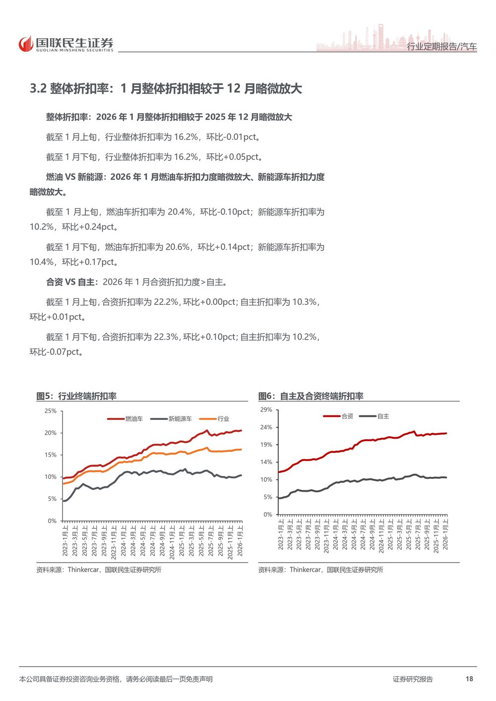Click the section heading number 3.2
(x=38, y=89)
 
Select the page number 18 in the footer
(x=469, y=679)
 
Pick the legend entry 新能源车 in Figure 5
(x=180, y=419)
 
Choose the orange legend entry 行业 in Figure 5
(x=223, y=419)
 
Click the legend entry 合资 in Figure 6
(x=347, y=416)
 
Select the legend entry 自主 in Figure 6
(x=383, y=416)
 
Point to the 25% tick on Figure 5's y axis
(x=51, y=411)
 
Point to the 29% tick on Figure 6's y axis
(x=266, y=410)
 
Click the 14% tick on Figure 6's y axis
(x=266, y=462)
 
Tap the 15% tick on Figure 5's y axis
(x=51, y=455)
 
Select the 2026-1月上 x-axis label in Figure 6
(x=445, y=534)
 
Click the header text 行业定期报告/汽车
(x=441, y=47)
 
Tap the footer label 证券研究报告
(x=413, y=679)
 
